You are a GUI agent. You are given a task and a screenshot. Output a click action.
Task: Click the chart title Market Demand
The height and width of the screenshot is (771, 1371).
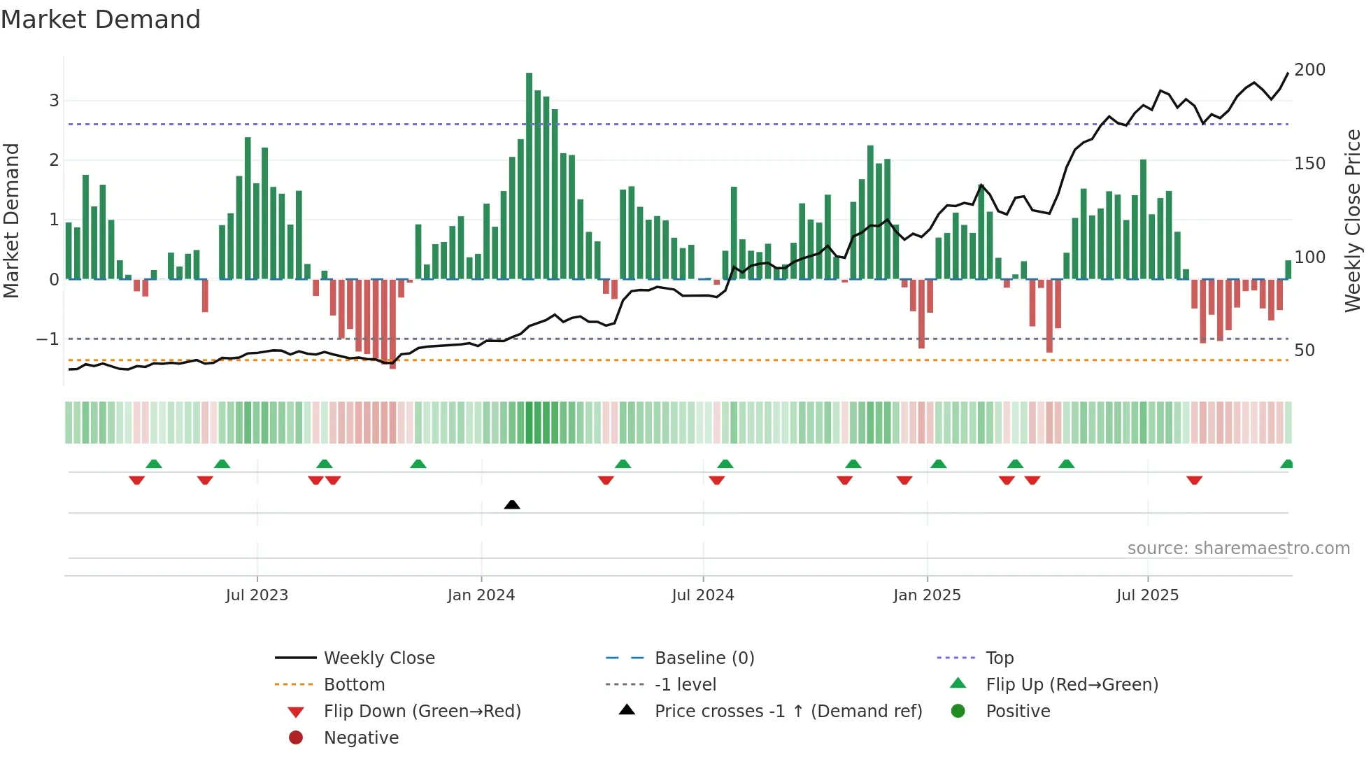coord(101,20)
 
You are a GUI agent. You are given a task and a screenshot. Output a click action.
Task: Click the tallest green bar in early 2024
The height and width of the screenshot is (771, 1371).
coord(529,175)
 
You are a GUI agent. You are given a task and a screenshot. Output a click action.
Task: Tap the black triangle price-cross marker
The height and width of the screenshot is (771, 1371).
coord(512,504)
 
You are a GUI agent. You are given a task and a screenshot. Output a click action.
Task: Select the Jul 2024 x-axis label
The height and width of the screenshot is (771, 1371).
coord(703,595)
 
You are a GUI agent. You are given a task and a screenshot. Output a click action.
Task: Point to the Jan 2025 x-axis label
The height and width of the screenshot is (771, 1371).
coord(927,595)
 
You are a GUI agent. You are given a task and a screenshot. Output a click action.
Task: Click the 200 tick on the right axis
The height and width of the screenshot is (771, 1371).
coord(1309,70)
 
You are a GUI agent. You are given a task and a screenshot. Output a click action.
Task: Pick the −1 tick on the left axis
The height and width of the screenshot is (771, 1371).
coord(48,339)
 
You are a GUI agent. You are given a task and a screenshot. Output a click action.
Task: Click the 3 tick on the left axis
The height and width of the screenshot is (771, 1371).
coord(54,101)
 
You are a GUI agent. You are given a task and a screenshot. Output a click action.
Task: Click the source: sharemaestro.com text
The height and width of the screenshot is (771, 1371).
coord(1238,549)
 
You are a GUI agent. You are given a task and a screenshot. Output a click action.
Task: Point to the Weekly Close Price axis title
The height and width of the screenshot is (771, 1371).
coord(1353,220)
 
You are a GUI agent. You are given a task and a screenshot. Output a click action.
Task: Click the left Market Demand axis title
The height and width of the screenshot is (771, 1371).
coord(12,220)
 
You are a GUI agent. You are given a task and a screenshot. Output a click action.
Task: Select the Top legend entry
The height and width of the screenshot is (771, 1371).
coord(999,658)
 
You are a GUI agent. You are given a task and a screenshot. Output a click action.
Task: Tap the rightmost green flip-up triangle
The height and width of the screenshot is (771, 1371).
coord(1286,464)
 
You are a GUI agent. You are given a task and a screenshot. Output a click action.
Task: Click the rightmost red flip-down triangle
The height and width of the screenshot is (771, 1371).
coord(1194,480)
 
